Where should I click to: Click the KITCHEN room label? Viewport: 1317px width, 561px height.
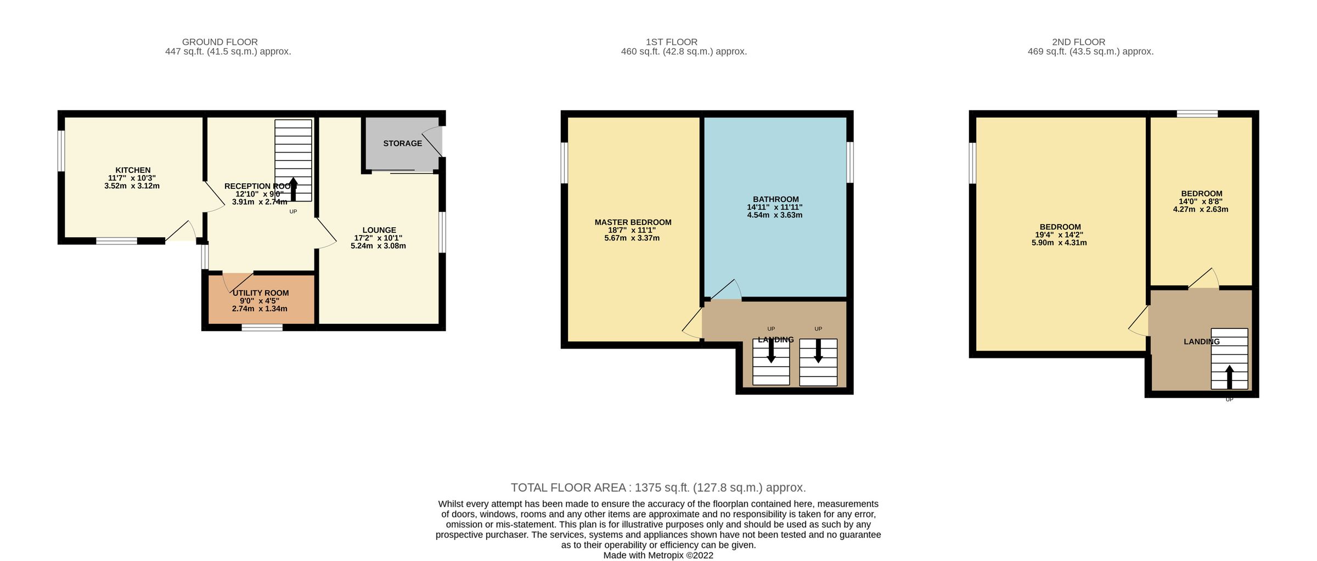click(x=133, y=170)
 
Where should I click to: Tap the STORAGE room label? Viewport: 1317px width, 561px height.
click(x=402, y=143)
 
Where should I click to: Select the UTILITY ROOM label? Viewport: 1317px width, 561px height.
click(x=260, y=293)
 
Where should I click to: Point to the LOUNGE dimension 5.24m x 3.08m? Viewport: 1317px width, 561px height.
click(x=378, y=246)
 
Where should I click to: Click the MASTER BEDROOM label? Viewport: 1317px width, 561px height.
click(x=633, y=222)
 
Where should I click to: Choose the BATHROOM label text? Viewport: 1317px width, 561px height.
click(x=775, y=199)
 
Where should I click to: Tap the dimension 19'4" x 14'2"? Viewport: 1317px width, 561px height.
click(x=1059, y=235)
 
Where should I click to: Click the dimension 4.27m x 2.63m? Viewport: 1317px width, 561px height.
click(x=1201, y=209)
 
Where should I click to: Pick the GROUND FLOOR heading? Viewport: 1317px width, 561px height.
click(x=219, y=42)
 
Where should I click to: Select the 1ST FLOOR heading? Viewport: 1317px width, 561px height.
click(x=671, y=42)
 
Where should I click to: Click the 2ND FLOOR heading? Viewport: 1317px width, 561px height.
click(x=1078, y=42)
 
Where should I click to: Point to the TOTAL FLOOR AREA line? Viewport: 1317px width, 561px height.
click(x=658, y=487)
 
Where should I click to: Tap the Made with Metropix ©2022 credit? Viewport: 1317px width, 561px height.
click(x=658, y=555)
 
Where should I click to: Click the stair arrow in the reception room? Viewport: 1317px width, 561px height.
click(x=293, y=188)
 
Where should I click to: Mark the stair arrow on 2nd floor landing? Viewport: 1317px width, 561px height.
click(x=1229, y=377)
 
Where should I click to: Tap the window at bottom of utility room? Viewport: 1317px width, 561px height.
click(x=262, y=328)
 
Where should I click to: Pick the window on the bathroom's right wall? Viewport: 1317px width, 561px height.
click(x=850, y=162)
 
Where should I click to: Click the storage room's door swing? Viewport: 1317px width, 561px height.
click(x=434, y=142)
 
